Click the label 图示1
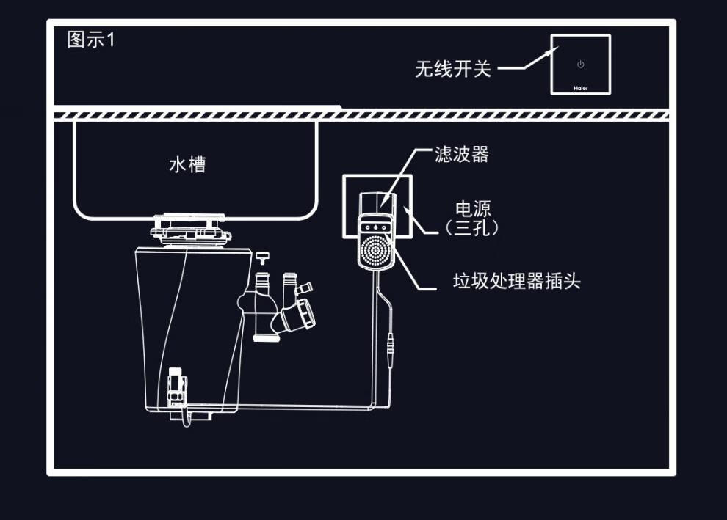pos(91,40)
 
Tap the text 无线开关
pos(452,69)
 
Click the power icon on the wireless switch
pos(580,65)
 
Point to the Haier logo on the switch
pos(580,87)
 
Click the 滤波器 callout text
pos(461,154)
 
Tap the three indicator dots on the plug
pos(375,227)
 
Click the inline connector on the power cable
pos(390,344)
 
